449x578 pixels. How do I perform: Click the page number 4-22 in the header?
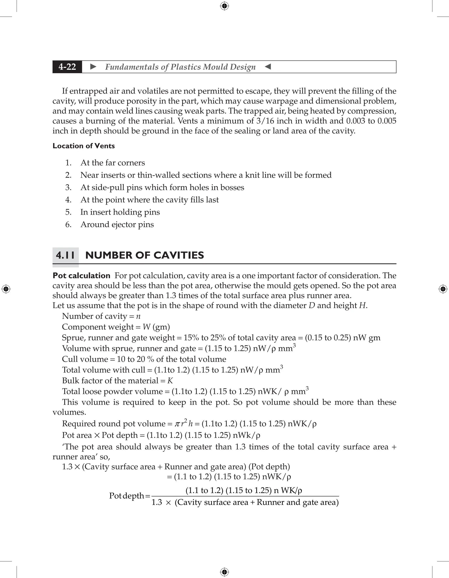67,67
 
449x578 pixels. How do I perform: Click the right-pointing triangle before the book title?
93,67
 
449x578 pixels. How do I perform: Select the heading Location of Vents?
84,146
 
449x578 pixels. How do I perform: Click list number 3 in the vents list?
68,187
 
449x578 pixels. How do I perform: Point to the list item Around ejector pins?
117,225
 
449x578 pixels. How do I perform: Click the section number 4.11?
65,255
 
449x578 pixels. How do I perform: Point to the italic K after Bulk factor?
170,381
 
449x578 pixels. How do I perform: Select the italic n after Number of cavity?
138,316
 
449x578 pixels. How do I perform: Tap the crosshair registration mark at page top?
224,6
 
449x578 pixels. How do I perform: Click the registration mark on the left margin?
6,289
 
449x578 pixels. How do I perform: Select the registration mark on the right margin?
443,289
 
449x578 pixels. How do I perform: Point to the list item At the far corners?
113,163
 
